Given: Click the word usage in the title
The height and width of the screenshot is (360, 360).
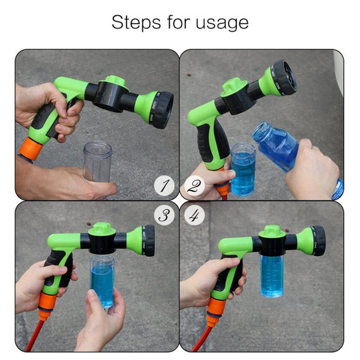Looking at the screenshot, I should [x=220, y=23].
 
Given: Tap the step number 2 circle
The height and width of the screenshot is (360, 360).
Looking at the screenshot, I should [x=193, y=187].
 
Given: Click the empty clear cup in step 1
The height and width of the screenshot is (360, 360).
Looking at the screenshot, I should [x=97, y=161].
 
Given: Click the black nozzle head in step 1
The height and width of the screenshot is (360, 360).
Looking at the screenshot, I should [x=161, y=109].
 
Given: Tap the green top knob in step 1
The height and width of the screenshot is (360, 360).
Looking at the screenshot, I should [x=115, y=81].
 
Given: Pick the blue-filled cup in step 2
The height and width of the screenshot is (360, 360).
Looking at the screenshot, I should [x=243, y=169].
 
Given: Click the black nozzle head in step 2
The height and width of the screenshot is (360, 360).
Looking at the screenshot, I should [x=285, y=76].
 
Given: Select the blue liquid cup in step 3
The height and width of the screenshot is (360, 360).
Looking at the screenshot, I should [x=102, y=282].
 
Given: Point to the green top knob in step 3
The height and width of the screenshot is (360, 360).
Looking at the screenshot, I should [x=101, y=229].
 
